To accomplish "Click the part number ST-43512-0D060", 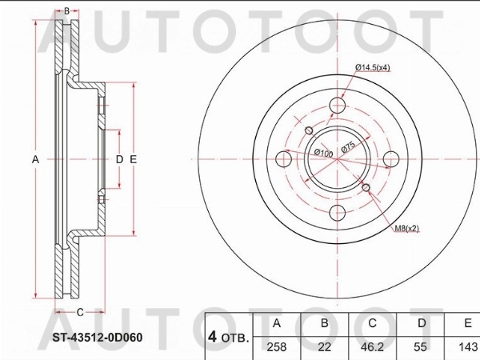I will pos(98,336).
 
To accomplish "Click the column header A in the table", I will pos(276,322).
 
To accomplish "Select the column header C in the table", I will pos(370,322).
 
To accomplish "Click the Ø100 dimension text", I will pos(324,151).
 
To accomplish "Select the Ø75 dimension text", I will pos(349,146).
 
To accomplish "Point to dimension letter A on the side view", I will pos(35,159).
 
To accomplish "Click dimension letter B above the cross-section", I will pos(66,11).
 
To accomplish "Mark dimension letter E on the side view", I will pos(134,159).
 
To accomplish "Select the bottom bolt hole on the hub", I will pos(338,213).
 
